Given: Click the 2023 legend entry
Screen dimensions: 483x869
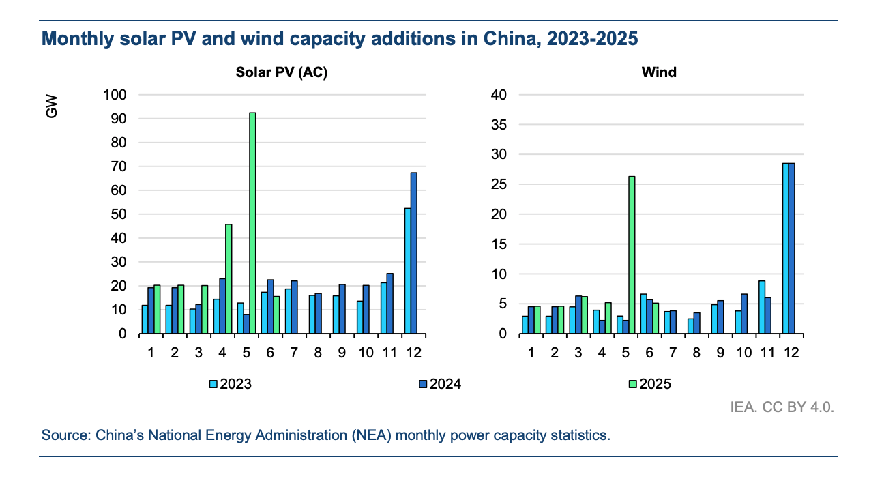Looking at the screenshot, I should pyautogui.click(x=231, y=384).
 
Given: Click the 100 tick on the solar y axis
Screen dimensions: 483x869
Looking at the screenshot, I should pyautogui.click(x=115, y=95).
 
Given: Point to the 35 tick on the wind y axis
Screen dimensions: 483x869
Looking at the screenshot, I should pyautogui.click(x=499, y=125).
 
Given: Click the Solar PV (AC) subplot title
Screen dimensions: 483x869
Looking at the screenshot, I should pyautogui.click(x=282, y=72).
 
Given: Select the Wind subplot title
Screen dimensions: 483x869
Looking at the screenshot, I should pyautogui.click(x=659, y=72).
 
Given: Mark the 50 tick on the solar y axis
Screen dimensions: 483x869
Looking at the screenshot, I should pyautogui.click(x=117, y=214).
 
